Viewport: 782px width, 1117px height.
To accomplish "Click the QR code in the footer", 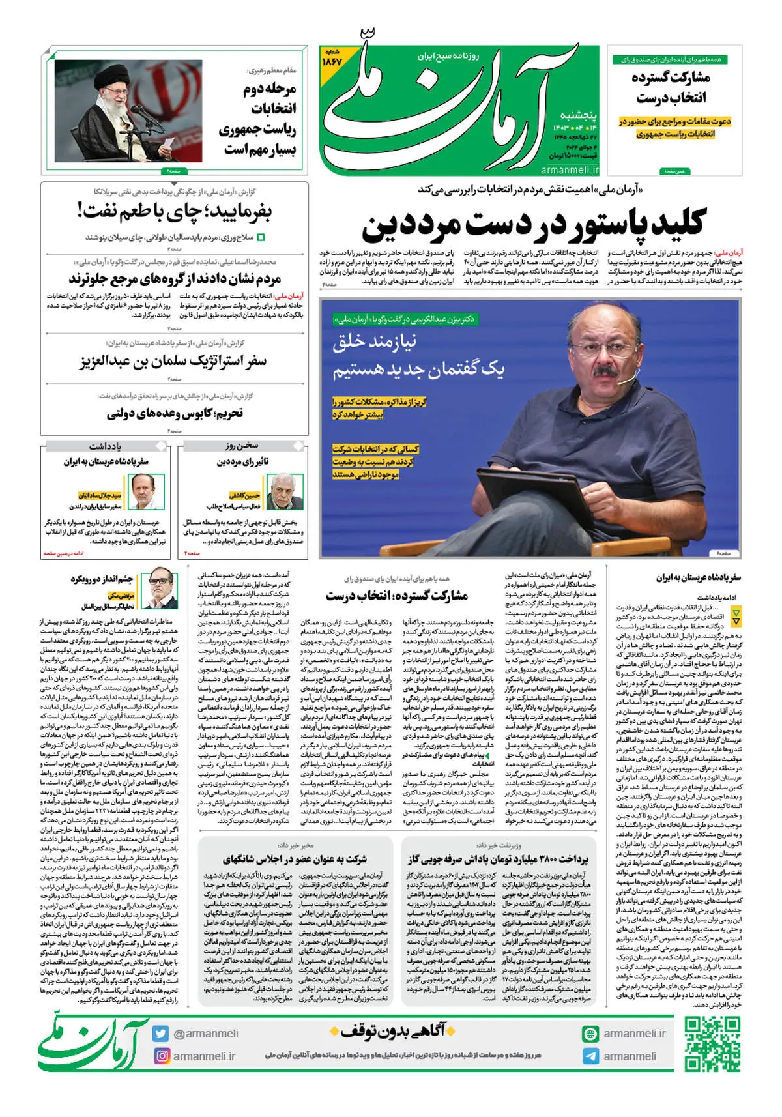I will click(712, 1044).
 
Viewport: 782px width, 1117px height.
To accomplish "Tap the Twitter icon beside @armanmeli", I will click(161, 1034).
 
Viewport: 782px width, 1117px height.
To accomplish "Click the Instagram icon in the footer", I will click(161, 1056).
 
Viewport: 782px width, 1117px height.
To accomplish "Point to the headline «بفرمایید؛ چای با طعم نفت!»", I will click(175, 211).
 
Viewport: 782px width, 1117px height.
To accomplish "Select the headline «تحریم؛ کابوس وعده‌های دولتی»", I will click(175, 413).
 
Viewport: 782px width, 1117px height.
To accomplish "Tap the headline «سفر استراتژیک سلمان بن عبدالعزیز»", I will click(173, 361).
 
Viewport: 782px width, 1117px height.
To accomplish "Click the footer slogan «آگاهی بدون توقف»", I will click(392, 1032).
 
